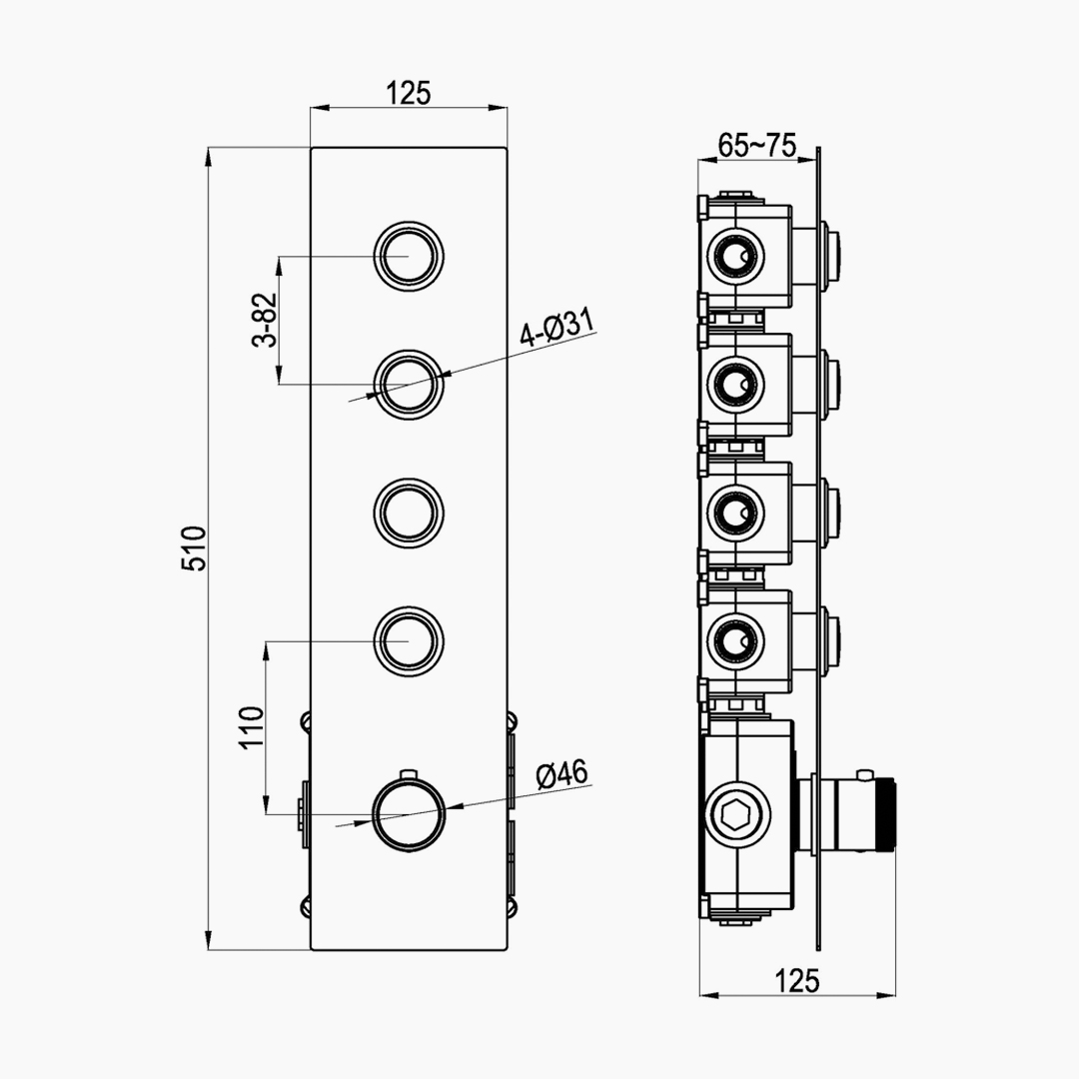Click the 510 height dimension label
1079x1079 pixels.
coord(194,548)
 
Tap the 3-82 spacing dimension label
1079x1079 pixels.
coord(265,320)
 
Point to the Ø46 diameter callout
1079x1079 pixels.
coord(562,774)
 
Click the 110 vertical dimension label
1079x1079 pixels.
coord(251,727)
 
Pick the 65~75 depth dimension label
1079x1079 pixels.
coord(757,145)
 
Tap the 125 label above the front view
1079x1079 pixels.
coord(408,94)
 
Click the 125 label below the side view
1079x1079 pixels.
coord(797,981)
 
